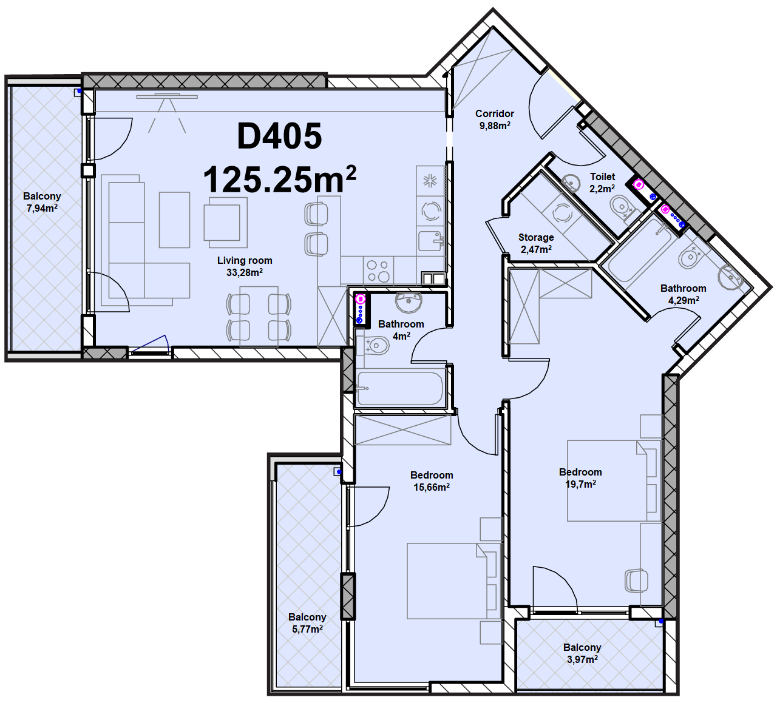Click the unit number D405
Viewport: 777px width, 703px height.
point(279,136)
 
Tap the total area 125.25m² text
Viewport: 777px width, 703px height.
point(279,179)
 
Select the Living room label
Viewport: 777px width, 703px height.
point(245,266)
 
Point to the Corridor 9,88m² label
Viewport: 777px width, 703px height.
point(495,119)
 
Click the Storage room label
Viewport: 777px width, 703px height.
point(536,243)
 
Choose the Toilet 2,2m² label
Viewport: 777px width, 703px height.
point(602,183)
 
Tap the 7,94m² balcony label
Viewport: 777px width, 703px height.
point(42,202)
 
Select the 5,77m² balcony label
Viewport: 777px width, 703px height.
point(307,623)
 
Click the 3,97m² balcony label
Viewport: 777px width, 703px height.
point(582,653)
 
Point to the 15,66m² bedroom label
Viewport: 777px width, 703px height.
point(432,481)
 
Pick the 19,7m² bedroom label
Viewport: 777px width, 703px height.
point(580,478)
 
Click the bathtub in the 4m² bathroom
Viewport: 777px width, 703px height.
point(399,389)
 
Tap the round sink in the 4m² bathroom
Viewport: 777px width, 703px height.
point(409,301)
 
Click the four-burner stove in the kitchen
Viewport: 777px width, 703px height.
point(378,271)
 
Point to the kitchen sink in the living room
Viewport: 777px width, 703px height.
point(430,241)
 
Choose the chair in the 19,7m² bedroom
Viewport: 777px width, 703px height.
point(636,580)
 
